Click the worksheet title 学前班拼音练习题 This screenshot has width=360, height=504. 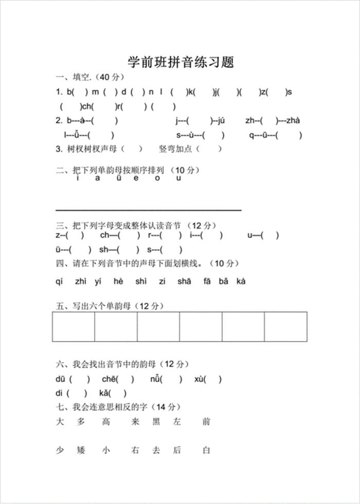181,62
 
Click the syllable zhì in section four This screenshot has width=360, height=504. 81,281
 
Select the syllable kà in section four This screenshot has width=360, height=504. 241,281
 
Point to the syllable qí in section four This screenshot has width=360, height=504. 59,281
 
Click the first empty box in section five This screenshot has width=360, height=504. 73,327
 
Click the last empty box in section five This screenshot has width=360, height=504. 285,327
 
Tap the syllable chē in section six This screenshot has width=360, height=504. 109,380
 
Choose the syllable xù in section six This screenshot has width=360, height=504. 199,380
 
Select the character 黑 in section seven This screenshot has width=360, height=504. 156,422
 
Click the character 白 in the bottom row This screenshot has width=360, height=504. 206,451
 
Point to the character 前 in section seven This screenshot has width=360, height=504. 206,422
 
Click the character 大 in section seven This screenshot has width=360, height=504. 60,422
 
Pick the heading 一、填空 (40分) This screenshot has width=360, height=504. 91,78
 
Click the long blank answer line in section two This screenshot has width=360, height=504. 148,210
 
